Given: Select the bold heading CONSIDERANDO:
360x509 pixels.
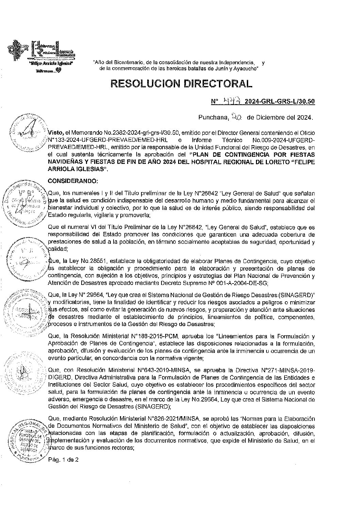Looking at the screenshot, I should pos(73,180).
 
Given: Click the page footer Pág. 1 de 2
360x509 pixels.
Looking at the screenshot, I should pos(63,460).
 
